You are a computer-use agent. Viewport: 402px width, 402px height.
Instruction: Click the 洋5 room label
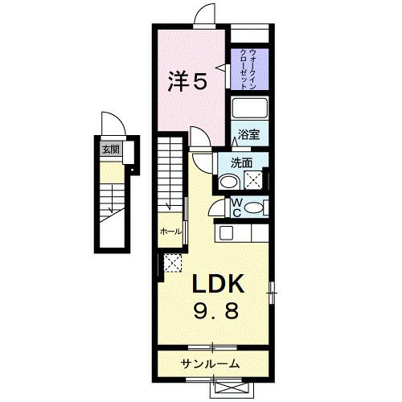(187, 80)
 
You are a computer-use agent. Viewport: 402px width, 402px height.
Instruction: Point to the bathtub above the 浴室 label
(252, 109)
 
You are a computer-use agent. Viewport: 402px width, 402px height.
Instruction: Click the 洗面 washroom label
(242, 162)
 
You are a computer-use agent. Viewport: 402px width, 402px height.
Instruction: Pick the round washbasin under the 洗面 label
(228, 183)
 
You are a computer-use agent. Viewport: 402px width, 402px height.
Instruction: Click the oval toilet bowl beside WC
(256, 208)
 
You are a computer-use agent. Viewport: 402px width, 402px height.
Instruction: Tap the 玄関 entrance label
(108, 148)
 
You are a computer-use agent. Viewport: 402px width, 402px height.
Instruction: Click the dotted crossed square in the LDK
(171, 262)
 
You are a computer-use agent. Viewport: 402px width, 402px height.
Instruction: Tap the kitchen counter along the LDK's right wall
(244, 233)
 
